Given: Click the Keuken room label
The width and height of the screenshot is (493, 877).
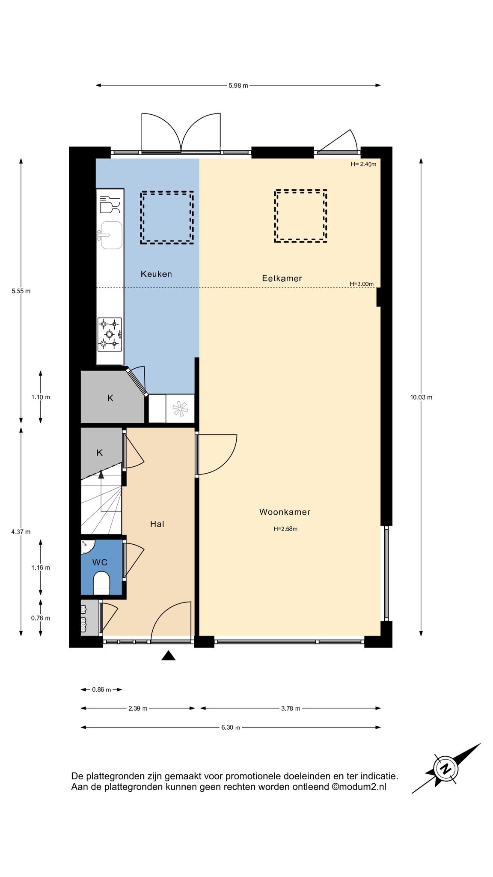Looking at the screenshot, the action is coord(156,274).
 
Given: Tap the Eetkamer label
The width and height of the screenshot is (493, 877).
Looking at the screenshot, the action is coord(282,278).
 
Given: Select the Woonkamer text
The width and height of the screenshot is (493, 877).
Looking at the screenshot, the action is coord(285,512).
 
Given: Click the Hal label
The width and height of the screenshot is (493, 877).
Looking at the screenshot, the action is coord(157,524).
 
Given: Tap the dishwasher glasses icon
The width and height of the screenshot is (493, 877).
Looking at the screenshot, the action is coord(110,205).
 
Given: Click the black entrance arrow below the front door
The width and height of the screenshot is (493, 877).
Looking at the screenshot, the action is coord(169,655).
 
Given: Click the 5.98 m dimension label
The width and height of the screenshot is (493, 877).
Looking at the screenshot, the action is coord(238,85).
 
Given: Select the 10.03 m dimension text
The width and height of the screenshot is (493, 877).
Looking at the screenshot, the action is coord(421,397).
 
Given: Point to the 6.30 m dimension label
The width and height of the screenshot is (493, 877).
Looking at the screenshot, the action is coord(231,727).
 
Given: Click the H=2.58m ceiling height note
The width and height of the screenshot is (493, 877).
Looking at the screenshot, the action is coord(285,529).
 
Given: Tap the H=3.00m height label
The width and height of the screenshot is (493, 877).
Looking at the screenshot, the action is coord(362,284).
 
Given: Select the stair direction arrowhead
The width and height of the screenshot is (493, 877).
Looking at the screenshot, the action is coord(101,474).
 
